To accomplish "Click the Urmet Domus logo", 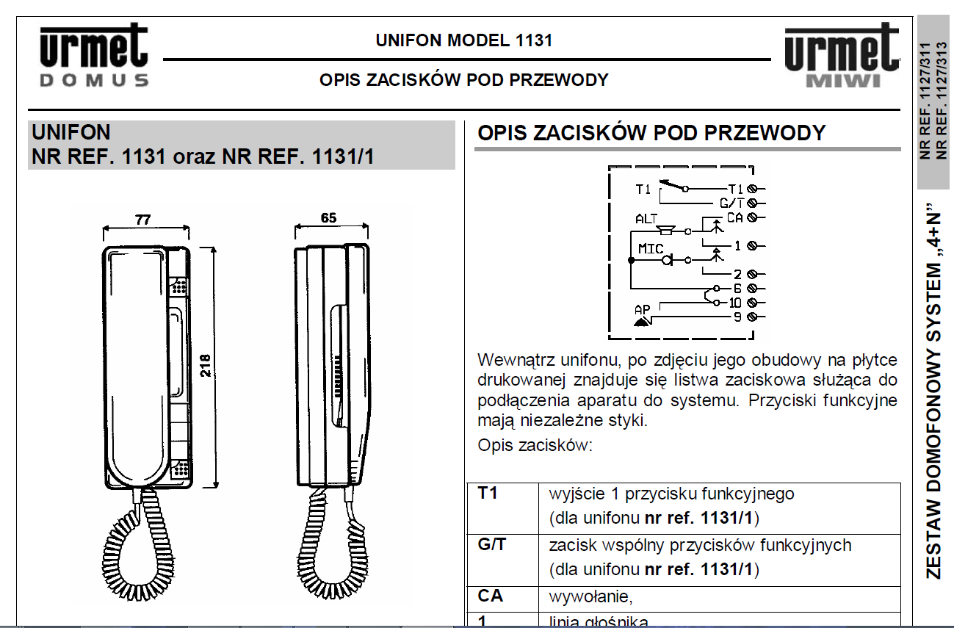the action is (x=94, y=55).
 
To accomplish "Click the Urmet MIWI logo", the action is (x=842, y=55).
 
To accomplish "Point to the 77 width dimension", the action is (x=143, y=220).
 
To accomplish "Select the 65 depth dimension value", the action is (x=328, y=218).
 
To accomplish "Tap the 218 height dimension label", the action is (x=206, y=366).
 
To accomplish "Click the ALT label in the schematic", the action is (x=646, y=219).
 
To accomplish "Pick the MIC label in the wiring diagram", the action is (x=651, y=248).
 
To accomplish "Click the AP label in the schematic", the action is (x=643, y=309).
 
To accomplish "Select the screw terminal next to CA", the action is (x=752, y=217).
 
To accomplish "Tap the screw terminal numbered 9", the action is (x=752, y=317).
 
